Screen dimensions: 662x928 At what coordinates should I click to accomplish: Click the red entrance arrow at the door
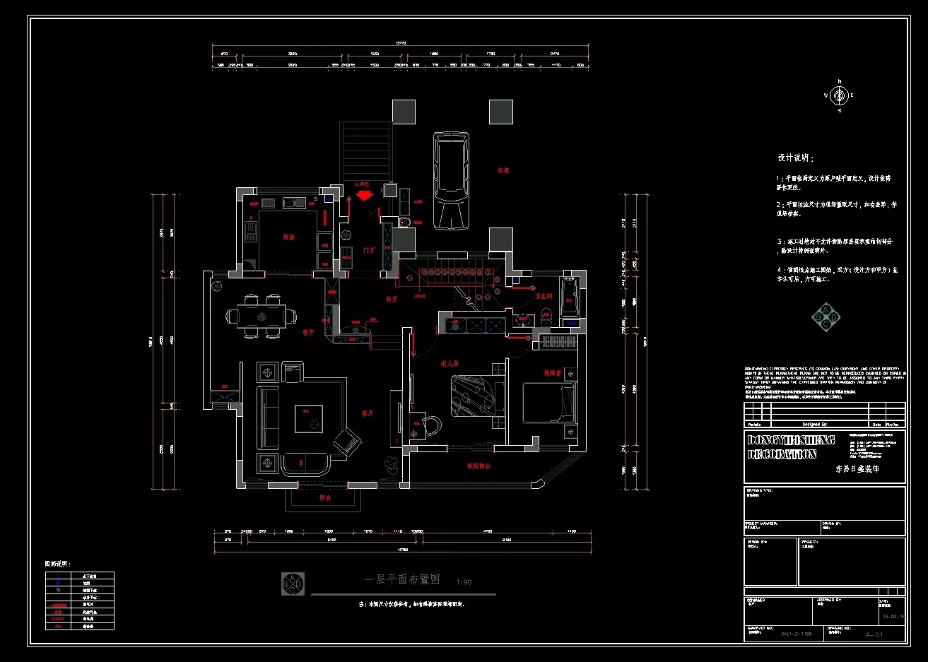point(364,194)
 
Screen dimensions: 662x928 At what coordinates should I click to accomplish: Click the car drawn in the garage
point(451,182)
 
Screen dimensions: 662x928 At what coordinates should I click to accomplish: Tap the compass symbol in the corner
point(839,95)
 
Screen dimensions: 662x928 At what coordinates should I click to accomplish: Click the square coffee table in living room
point(308,418)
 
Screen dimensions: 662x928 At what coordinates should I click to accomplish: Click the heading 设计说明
point(796,158)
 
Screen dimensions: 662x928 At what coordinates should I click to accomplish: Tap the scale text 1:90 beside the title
point(464,582)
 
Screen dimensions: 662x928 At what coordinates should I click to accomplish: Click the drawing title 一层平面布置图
point(401,579)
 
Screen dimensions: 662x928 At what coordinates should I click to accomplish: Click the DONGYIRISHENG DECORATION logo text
point(782,447)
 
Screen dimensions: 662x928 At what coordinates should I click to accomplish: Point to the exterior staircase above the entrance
point(365,151)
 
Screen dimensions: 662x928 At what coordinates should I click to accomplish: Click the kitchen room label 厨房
point(288,237)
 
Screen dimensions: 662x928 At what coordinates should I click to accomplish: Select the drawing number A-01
point(874,634)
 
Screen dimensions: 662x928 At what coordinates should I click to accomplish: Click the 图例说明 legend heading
point(58,564)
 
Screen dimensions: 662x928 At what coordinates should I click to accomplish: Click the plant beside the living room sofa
point(390,464)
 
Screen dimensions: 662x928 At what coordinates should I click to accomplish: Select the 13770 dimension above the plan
point(400,43)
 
